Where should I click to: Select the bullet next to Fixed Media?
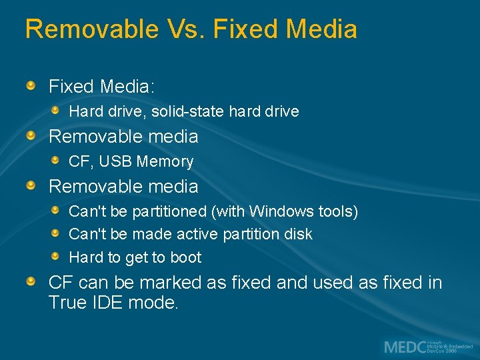[x=31, y=85]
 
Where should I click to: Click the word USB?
[x=119, y=161]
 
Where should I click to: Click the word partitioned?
[x=169, y=212]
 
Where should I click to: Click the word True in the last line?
[x=68, y=303]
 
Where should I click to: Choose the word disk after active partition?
[x=297, y=235]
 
